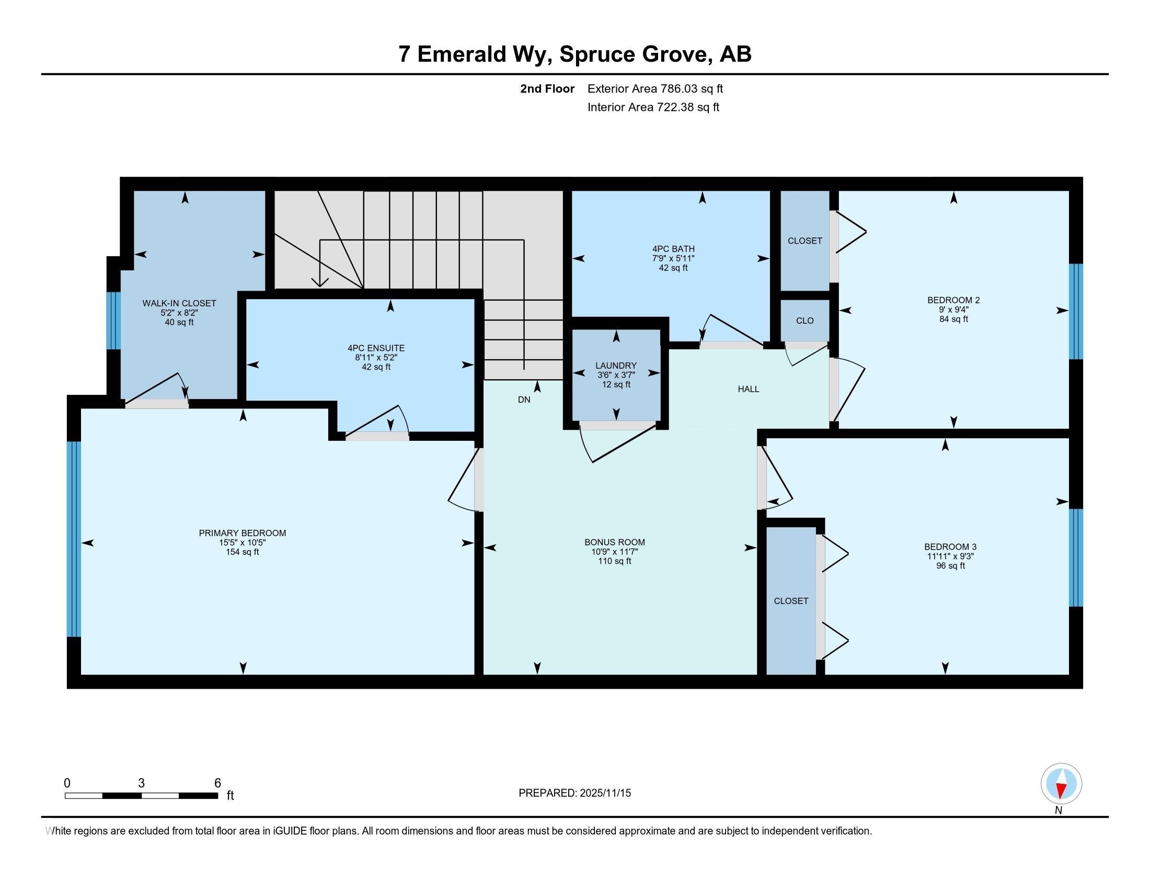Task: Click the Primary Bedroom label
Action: pos(242,533)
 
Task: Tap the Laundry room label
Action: pos(616,366)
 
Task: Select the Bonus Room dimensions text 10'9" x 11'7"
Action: pos(615,552)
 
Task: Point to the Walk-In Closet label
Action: pos(179,303)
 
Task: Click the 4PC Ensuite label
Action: pos(376,348)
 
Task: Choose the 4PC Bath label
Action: pos(673,249)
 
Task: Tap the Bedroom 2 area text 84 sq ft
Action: pos(953,319)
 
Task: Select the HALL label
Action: pos(748,389)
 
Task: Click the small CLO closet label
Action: pos(804,321)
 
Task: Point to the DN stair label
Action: pos(524,400)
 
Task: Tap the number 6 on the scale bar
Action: pos(217,783)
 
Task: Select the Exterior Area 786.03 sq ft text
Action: pos(655,88)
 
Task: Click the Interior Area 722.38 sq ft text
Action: pos(653,107)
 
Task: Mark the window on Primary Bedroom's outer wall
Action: pos(74,539)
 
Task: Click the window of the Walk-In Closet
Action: pos(114,320)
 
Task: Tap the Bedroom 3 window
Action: pos(1076,558)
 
